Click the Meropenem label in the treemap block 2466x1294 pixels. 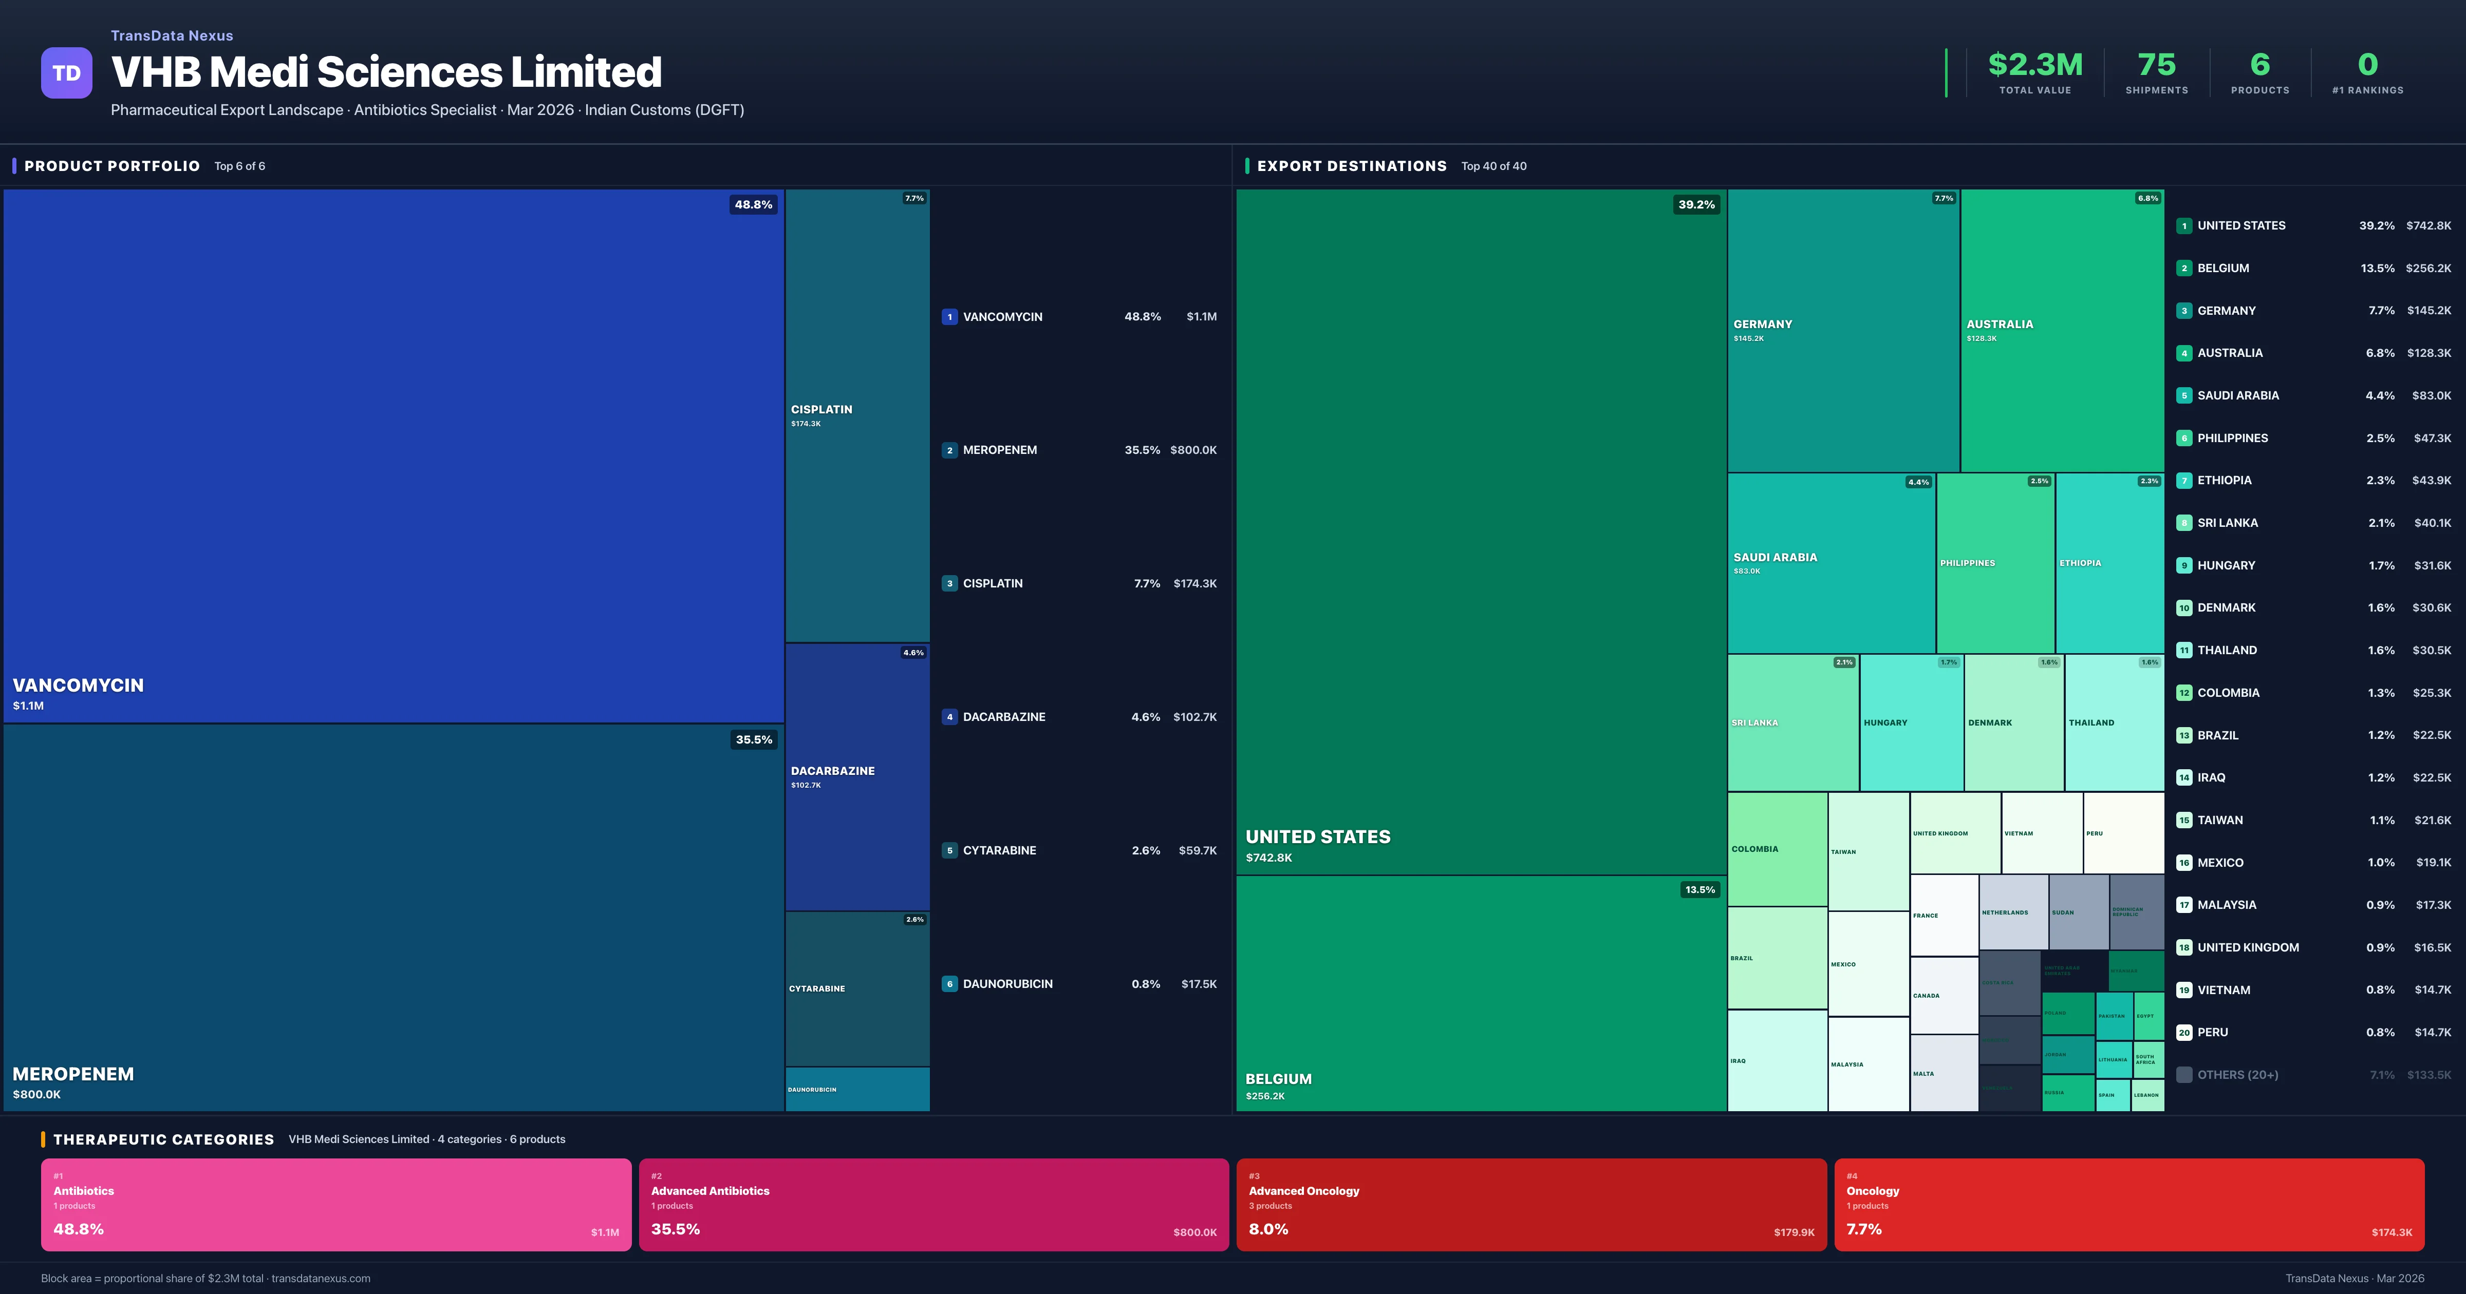[73, 1074]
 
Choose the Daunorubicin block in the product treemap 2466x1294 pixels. [857, 1089]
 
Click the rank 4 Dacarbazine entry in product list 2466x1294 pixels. [1003, 717]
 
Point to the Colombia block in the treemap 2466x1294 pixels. [1777, 849]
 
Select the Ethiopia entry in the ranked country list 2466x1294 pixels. [2224, 481]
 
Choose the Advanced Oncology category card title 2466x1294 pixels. [1304, 1191]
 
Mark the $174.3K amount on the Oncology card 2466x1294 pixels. [2392, 1233]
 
